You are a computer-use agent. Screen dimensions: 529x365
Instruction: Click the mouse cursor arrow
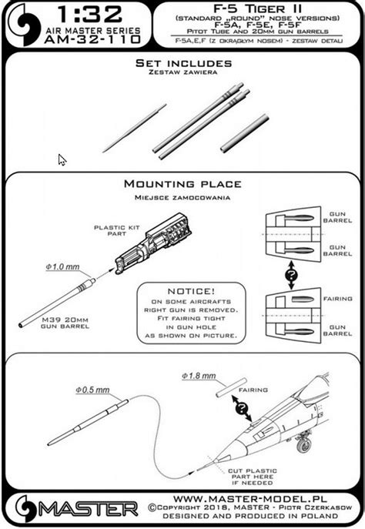[62, 159]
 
